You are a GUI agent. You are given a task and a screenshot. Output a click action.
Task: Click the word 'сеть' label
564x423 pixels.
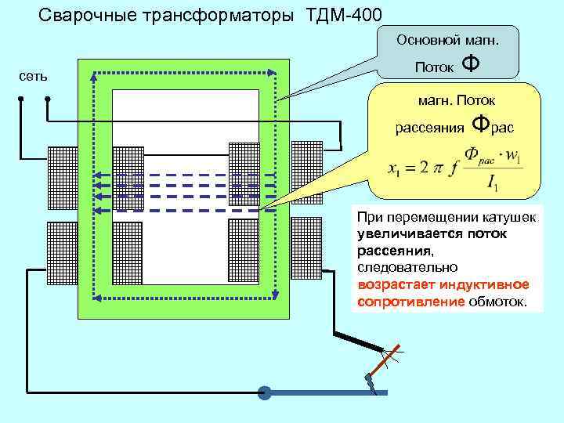tap(34, 76)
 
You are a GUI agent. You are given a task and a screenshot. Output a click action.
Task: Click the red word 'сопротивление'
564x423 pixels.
tap(410, 302)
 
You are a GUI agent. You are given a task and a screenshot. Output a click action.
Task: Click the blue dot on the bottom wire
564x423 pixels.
tap(265, 392)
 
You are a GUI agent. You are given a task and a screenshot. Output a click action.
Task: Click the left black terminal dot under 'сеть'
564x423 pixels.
tap(21, 99)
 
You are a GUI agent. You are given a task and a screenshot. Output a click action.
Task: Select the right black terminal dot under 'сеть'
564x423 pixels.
tap(48, 99)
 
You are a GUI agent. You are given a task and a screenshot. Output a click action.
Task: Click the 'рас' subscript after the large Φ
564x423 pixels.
tap(504, 128)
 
